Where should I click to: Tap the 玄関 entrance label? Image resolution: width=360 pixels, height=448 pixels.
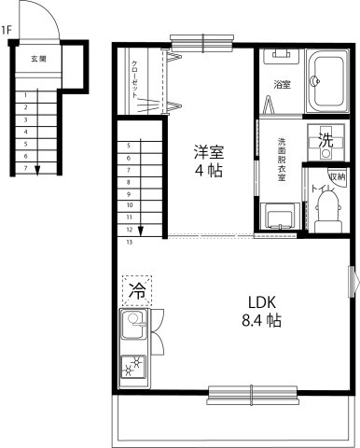(x=38, y=59)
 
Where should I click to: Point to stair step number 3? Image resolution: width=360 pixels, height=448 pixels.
(x=26, y=119)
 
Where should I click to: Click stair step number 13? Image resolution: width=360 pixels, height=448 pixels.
(x=129, y=242)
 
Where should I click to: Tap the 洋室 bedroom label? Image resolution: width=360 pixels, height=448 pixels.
(x=208, y=149)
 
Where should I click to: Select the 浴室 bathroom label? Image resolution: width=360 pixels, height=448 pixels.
(x=282, y=85)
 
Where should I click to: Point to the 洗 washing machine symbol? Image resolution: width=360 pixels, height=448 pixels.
(x=326, y=142)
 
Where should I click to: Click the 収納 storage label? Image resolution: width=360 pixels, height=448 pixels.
(x=337, y=176)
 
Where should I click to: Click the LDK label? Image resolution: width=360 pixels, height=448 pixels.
(x=262, y=301)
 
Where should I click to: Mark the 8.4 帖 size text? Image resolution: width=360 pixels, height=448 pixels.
(x=262, y=320)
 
